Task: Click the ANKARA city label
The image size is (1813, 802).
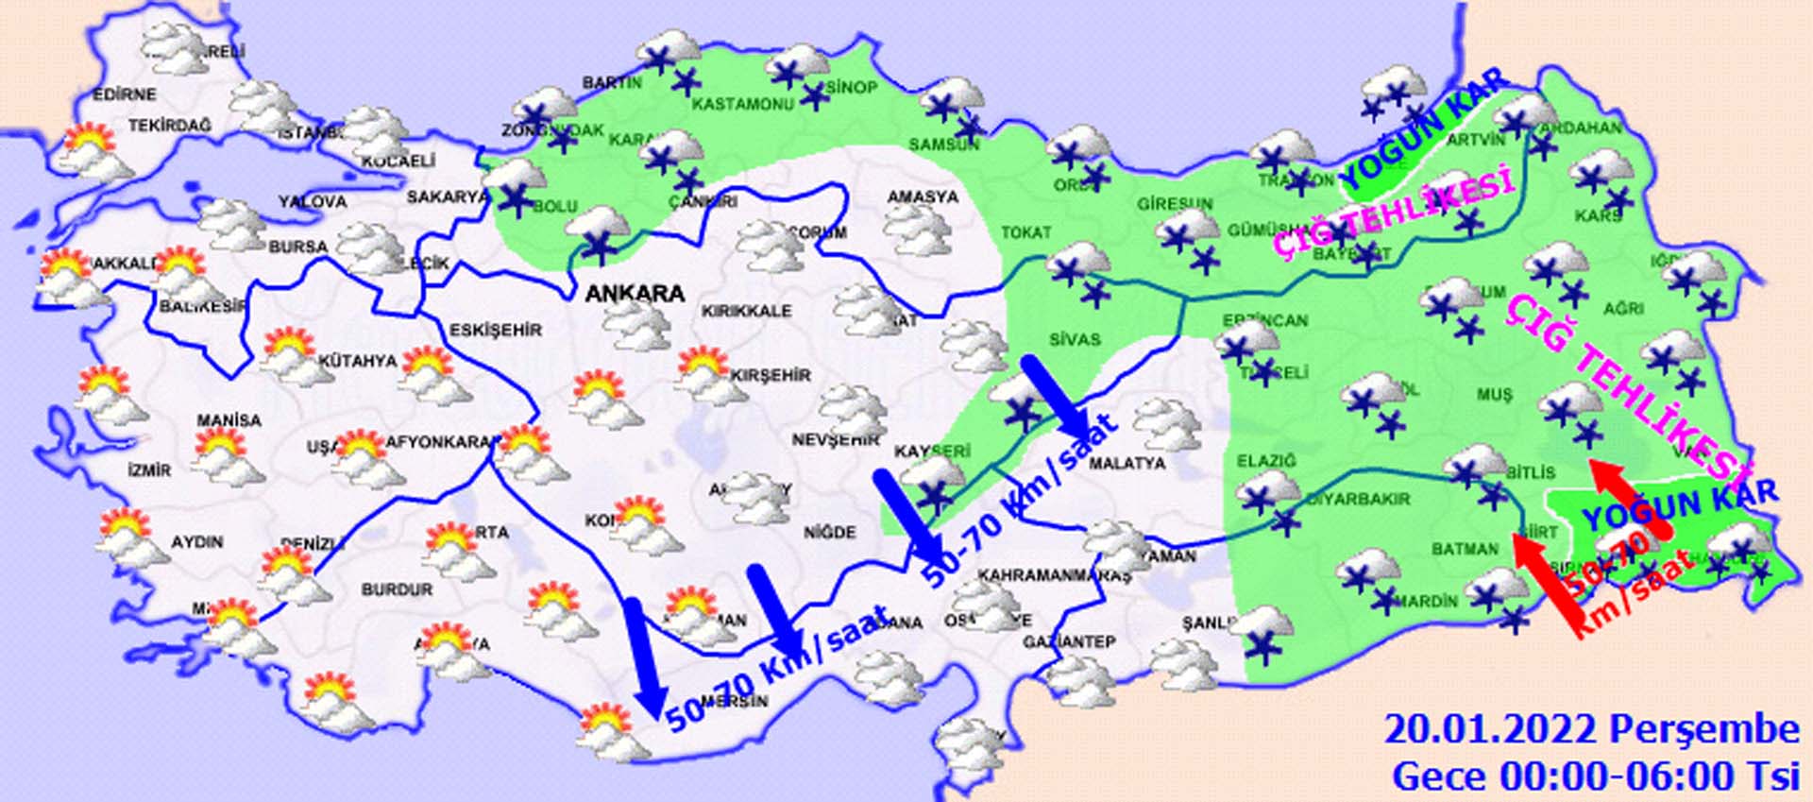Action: (x=635, y=294)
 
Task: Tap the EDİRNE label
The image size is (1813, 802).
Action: (x=124, y=94)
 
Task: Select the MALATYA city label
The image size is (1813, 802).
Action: (x=1127, y=464)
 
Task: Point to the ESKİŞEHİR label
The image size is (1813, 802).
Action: (x=496, y=330)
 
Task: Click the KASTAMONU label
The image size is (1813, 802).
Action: (x=743, y=104)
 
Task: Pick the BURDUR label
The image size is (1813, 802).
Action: (x=397, y=589)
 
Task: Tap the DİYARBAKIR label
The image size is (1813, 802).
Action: (x=1358, y=499)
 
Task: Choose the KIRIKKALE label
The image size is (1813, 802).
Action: (x=746, y=311)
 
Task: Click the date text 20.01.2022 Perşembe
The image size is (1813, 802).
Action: (x=1591, y=730)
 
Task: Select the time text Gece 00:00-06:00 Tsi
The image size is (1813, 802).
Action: (x=1595, y=776)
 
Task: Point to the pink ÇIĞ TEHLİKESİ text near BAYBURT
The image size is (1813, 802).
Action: (x=1393, y=214)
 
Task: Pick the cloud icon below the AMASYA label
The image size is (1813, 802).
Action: (x=918, y=230)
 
